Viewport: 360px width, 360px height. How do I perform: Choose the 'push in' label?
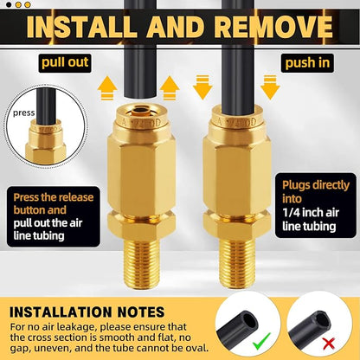pyautogui.click(x=303, y=63)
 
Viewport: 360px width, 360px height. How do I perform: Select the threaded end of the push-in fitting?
pyautogui.click(x=229, y=247)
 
